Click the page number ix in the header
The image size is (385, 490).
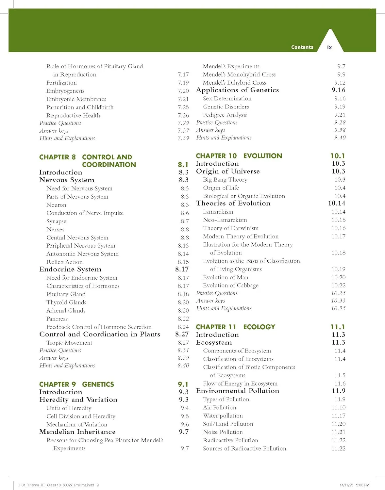329,47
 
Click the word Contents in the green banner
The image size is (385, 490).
302,47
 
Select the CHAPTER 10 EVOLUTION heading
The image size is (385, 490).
239,156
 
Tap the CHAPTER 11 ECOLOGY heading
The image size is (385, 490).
235,327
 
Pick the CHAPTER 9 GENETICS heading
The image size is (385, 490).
76,384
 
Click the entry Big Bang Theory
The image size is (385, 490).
225,180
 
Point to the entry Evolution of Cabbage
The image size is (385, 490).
230,285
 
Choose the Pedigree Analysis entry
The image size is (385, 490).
225,115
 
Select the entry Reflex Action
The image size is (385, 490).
64,262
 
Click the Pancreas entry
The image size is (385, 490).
57,319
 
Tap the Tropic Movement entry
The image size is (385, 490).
69,343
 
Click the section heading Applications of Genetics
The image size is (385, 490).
237,90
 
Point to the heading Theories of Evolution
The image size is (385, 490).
233,203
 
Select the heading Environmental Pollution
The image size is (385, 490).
237,391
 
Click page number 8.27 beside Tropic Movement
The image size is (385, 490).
183,343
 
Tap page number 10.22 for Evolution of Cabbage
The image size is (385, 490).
338,285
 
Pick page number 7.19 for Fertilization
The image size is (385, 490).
183,83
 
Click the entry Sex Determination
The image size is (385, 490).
227,98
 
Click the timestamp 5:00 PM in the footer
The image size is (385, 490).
362,485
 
